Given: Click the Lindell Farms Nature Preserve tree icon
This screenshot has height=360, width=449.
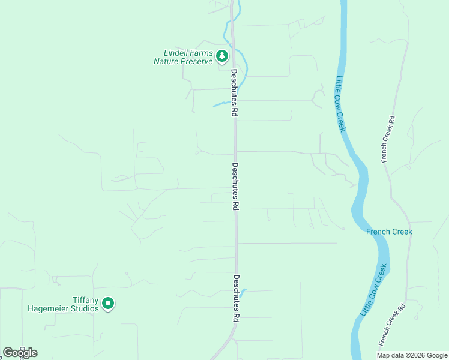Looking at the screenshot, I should point(222,56).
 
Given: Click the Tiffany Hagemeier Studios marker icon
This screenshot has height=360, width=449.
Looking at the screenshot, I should point(108,304).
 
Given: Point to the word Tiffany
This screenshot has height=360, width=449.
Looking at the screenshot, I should point(85,300).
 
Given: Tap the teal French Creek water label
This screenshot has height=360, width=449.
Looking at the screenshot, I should point(389,232).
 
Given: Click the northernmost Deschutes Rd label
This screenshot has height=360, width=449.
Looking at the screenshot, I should point(234,93).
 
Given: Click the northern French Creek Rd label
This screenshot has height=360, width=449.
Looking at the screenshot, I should point(387,139).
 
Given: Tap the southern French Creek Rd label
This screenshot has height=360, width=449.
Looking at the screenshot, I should point(391,325).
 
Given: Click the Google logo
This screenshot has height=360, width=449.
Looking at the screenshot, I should point(20,353).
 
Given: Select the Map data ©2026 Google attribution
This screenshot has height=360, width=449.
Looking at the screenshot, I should point(412,355).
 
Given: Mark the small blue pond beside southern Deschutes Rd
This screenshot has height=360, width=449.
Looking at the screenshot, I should point(242,292).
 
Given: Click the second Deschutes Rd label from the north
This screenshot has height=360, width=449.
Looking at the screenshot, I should point(235,186).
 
